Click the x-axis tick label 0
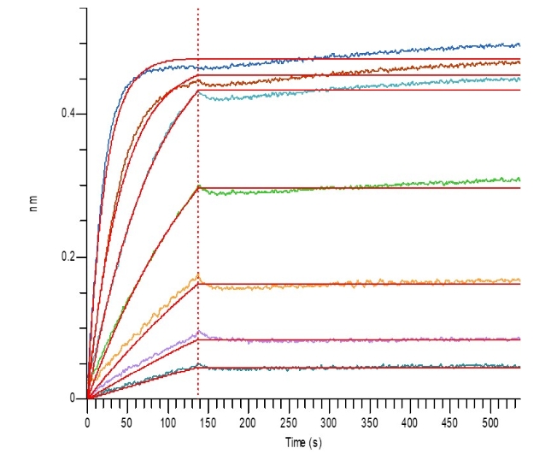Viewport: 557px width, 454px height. coord(87,422)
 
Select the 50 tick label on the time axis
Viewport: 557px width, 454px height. coord(127,422)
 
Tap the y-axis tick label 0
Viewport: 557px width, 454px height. coord(71,398)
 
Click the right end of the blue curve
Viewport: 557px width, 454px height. coord(519,44)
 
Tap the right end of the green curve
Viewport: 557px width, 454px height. coord(519,180)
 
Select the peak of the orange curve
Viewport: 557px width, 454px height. coord(198,274)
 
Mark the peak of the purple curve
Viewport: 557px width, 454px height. coord(198,331)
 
